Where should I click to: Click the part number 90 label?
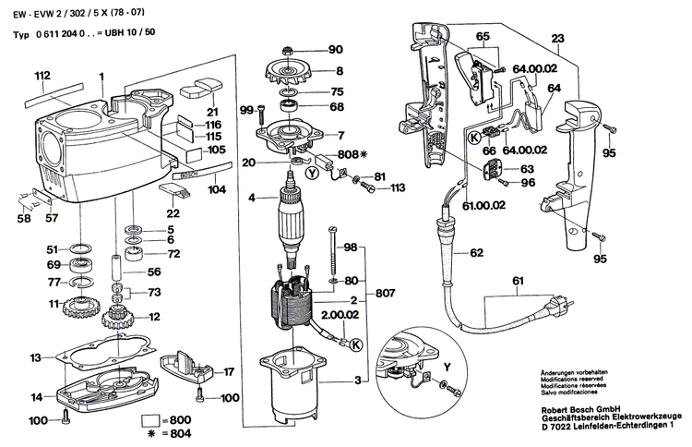pyautogui.click(x=334, y=49)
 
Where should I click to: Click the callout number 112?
pyautogui.click(x=42, y=75)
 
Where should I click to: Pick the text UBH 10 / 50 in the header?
pyautogui.click(x=133, y=32)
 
